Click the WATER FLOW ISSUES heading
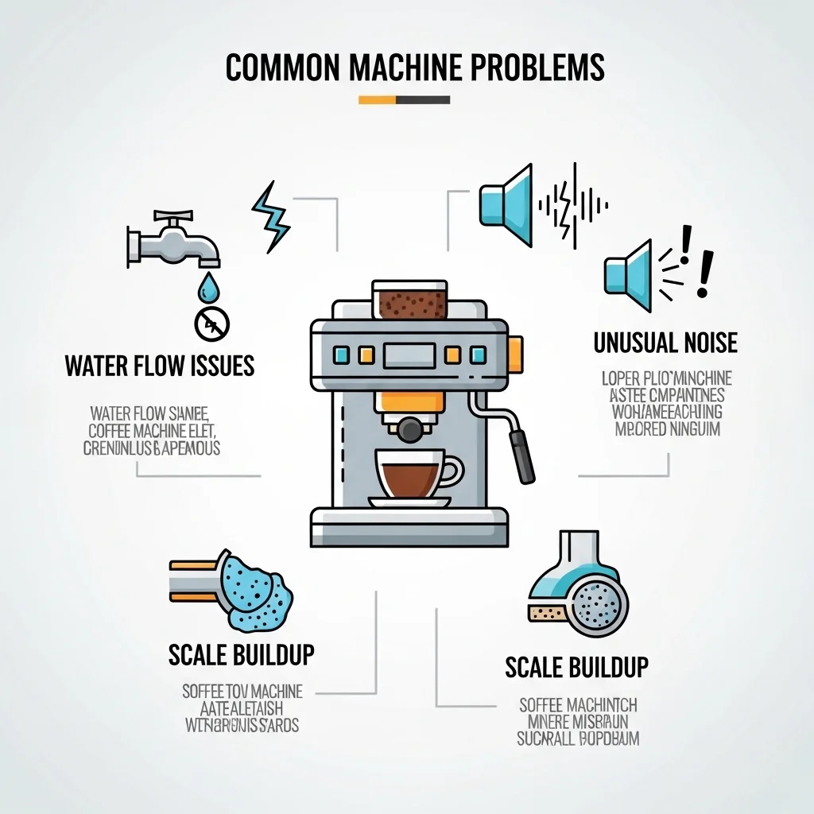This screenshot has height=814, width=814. (x=160, y=366)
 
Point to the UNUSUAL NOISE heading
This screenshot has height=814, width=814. (x=665, y=343)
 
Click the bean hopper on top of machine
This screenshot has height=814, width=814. (x=409, y=300)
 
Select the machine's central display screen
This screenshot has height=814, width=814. (x=409, y=355)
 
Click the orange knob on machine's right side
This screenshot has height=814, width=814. (x=514, y=351)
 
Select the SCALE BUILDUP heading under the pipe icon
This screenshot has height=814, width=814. (x=241, y=655)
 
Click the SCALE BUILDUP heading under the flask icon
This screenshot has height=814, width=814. (x=577, y=667)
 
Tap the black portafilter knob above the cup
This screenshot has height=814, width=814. (x=409, y=429)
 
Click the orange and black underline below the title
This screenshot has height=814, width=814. (x=404, y=100)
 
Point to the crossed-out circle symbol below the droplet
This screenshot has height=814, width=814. (x=211, y=324)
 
